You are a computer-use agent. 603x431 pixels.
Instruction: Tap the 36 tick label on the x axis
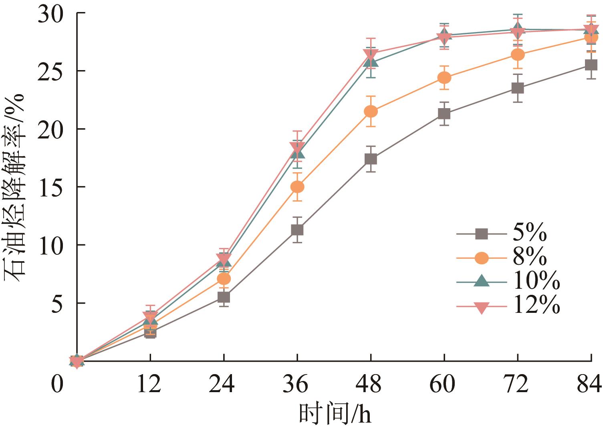(297, 385)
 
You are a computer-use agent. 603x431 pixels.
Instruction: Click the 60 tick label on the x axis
(444, 385)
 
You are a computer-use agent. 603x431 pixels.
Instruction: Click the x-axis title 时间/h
(335, 415)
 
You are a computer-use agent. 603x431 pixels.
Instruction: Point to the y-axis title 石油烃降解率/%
(15, 187)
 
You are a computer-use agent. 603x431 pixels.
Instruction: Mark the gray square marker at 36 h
(297, 230)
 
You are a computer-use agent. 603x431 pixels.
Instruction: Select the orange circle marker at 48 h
(371, 111)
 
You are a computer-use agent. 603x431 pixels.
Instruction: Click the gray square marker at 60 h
(444, 114)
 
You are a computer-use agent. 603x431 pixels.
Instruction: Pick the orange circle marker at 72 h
(518, 54)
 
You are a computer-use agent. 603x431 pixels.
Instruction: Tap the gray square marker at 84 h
(591, 65)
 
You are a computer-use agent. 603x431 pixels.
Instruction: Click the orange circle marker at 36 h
(297, 187)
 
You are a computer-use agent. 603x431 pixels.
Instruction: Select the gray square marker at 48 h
(371, 159)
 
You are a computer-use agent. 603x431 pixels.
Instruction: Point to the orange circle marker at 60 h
(444, 77)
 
